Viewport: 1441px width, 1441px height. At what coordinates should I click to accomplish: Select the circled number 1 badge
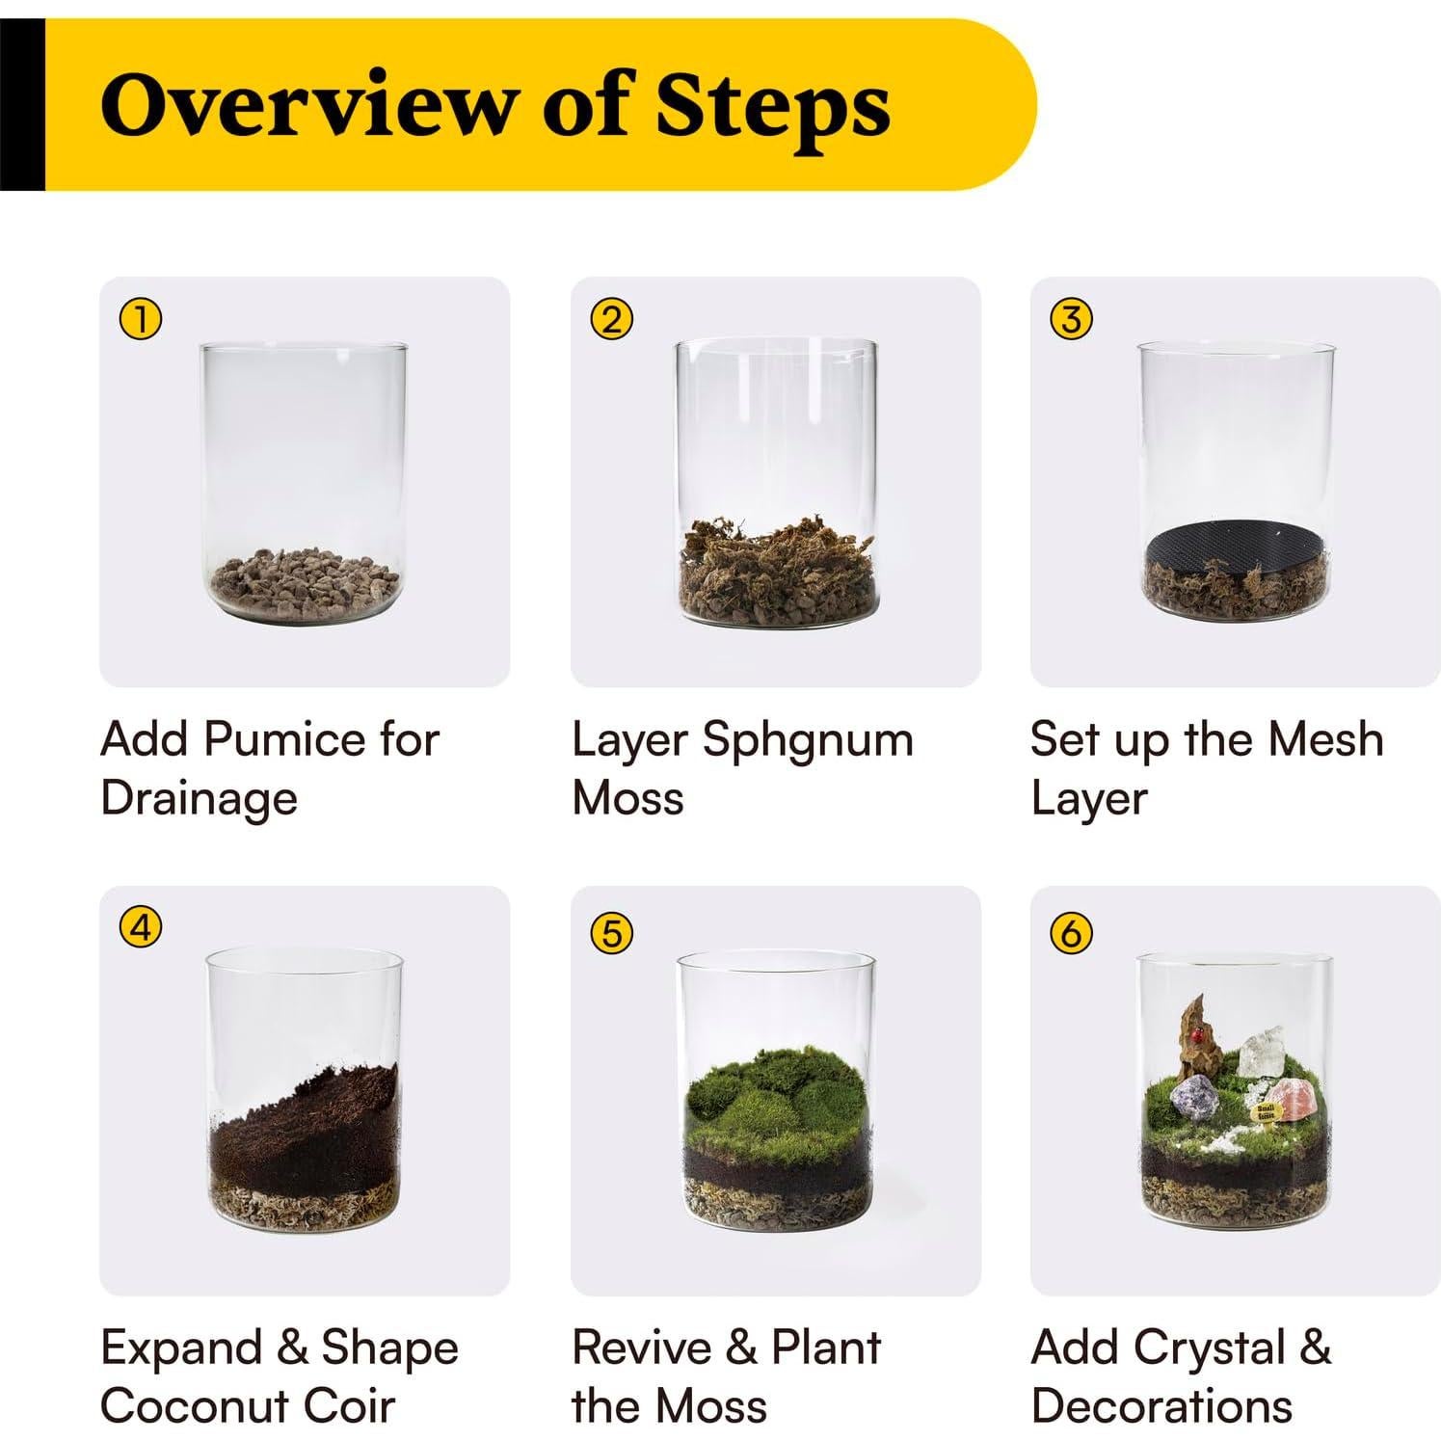pyautogui.click(x=140, y=320)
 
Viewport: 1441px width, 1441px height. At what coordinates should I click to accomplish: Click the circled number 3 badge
pyautogui.click(x=1071, y=319)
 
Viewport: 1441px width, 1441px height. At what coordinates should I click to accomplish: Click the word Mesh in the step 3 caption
pyautogui.click(x=1325, y=740)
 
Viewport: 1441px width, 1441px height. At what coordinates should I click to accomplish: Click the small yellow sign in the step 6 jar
pyautogui.click(x=1266, y=1114)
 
